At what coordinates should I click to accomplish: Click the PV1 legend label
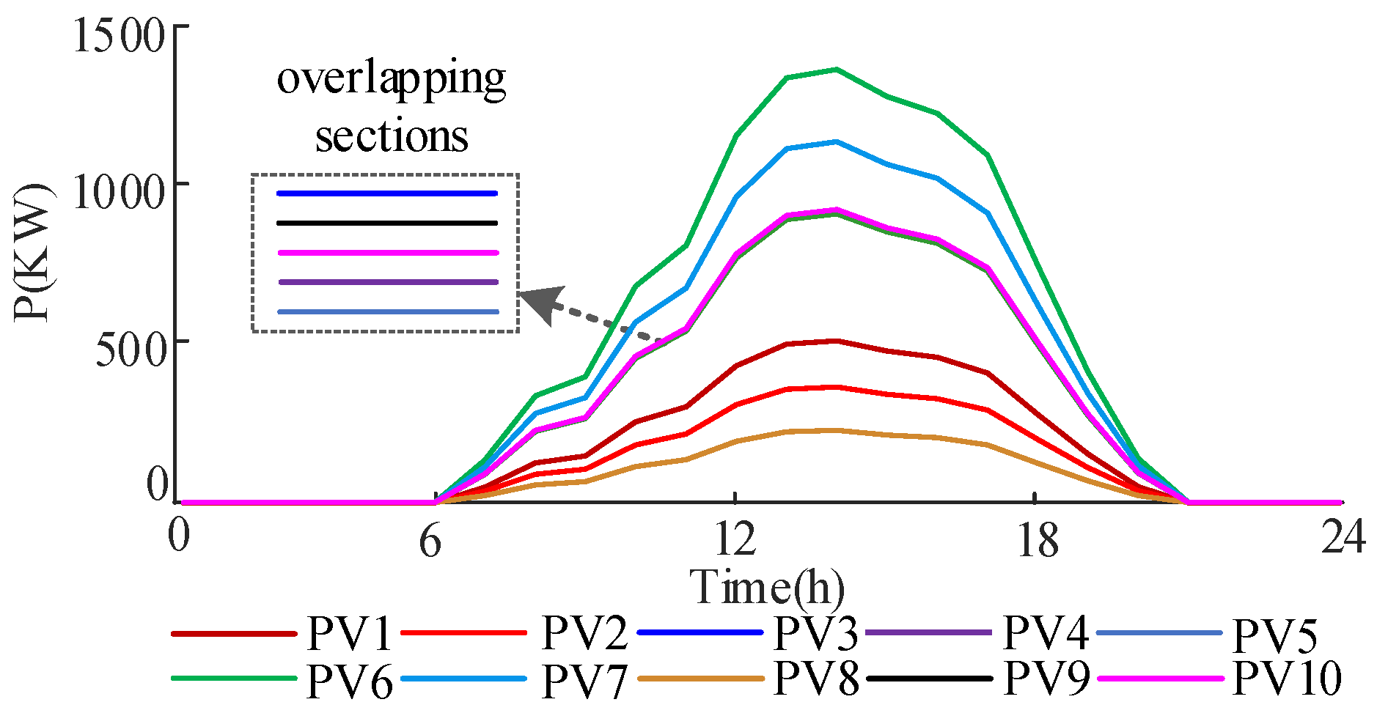[349, 633]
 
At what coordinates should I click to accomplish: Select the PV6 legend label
[349, 680]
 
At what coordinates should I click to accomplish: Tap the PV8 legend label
[815, 678]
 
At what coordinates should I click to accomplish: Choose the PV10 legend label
[1288, 678]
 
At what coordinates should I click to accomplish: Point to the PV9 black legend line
[930, 679]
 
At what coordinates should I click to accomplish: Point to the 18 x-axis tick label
[1037, 540]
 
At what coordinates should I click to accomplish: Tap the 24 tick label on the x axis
[1343, 537]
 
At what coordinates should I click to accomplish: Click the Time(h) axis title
[767, 587]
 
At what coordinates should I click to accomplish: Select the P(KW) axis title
[33, 253]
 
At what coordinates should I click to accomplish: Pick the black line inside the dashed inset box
[387, 223]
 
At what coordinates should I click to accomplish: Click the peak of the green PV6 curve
[836, 70]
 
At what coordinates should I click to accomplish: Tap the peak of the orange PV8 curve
[836, 430]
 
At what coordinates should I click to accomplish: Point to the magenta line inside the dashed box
[387, 253]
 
